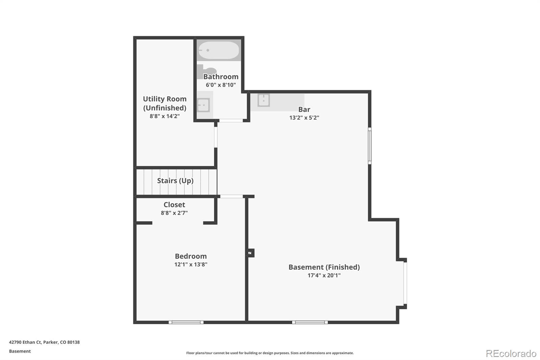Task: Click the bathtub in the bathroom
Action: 219,50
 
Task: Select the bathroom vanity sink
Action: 204,105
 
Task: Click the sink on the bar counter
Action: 264,100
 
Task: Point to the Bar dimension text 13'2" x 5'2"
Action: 304,118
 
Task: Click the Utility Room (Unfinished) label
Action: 165,103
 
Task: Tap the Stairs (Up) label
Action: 175,181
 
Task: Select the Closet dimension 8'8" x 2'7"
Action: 174,213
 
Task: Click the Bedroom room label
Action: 191,256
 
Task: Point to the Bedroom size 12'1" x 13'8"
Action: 191,264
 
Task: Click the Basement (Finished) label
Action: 324,267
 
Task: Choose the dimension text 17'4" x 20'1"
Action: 324,275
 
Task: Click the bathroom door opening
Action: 231,121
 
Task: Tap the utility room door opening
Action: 216,137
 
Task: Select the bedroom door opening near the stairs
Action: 232,197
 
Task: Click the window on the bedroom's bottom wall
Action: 186,323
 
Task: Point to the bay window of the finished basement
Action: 405,283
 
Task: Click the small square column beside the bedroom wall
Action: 250,253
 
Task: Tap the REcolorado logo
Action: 511,354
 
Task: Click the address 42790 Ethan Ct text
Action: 25,342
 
